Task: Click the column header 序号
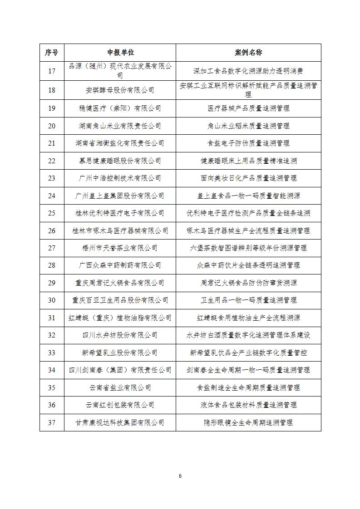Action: [x=52, y=53]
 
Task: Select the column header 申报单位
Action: [x=120, y=53]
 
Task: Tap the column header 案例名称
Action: [x=248, y=53]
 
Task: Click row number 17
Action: [x=52, y=71]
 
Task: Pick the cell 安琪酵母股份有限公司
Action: [x=120, y=90]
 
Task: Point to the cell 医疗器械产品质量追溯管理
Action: [x=248, y=108]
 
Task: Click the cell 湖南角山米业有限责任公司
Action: [x=120, y=126]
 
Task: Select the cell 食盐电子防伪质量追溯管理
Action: [x=248, y=143]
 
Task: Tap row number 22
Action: [x=52, y=161]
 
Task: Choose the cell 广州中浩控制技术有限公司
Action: [x=120, y=178]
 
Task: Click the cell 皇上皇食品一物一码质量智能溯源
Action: [x=248, y=196]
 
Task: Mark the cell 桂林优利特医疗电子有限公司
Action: [x=120, y=213]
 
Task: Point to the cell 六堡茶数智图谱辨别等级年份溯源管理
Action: [x=248, y=248]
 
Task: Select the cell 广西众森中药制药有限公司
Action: [x=120, y=265]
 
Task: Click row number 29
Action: [x=52, y=283]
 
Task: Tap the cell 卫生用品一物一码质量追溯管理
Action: [x=248, y=300]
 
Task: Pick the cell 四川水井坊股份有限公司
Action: [x=120, y=335]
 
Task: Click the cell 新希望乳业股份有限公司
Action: [x=120, y=352]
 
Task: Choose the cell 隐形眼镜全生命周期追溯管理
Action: [x=248, y=422]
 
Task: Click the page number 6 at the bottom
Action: [x=180, y=476]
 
